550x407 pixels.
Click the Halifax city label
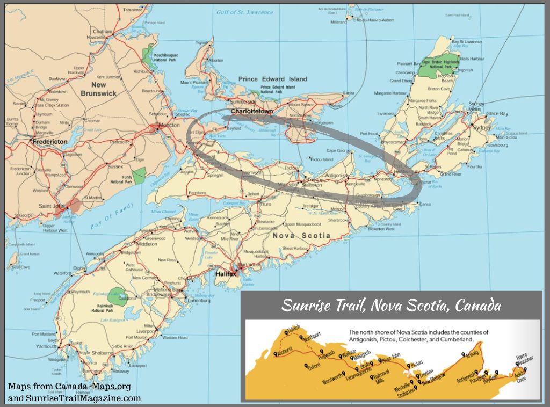(226, 273)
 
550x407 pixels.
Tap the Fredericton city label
(49, 142)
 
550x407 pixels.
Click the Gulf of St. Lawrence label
(244, 12)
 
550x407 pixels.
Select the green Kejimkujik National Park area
(115, 294)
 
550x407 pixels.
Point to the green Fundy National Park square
(140, 175)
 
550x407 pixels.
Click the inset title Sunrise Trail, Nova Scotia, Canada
(392, 306)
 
